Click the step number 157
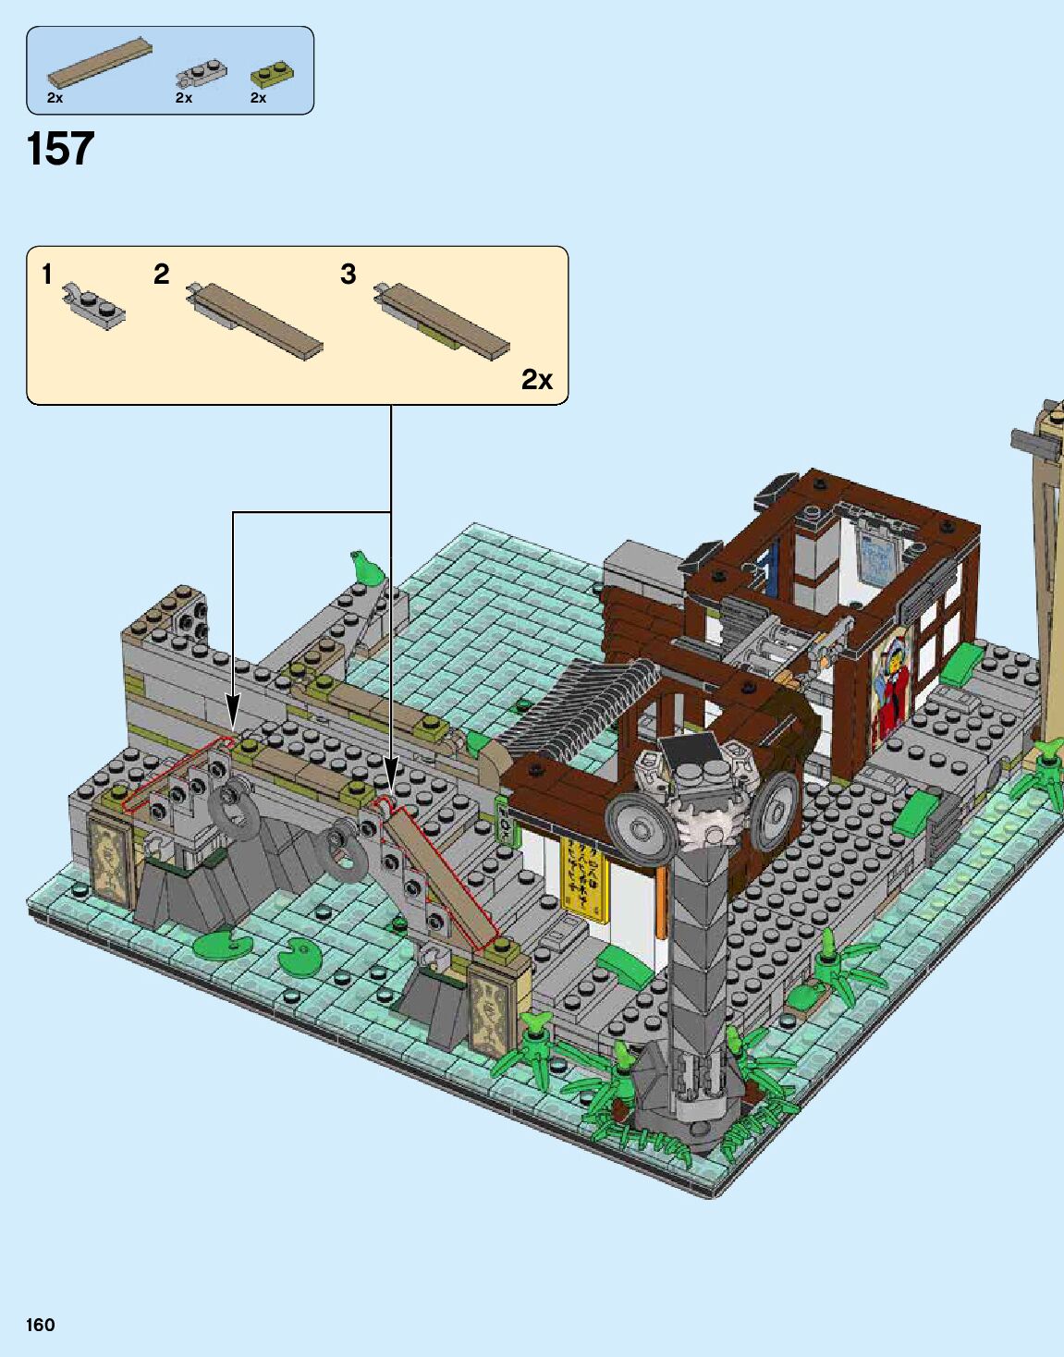tap(60, 149)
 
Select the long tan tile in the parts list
tap(100, 63)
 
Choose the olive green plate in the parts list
tap(273, 75)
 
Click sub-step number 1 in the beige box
tap(47, 275)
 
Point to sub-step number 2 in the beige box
tap(161, 275)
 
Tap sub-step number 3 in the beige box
tap(348, 275)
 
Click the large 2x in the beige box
tap(537, 379)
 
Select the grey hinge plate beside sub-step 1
tap(93, 305)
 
